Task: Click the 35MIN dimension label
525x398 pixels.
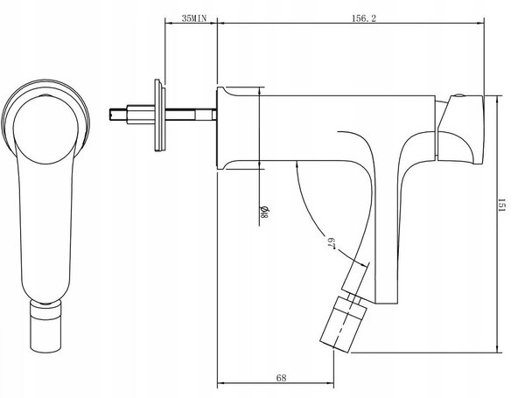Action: (194, 18)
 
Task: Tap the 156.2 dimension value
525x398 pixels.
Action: (364, 18)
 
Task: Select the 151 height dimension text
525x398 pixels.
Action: (501, 206)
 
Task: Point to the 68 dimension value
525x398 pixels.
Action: (281, 378)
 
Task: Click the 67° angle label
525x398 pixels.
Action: (331, 243)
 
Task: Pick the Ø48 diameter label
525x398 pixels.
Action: (264, 212)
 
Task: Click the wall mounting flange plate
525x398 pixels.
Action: (159, 115)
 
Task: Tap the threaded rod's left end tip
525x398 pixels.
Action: (110, 114)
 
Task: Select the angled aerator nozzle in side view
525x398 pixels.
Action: (343, 324)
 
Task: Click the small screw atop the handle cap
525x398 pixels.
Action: (459, 95)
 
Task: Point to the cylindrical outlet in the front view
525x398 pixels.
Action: (45, 326)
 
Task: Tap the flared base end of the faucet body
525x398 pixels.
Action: (222, 129)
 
